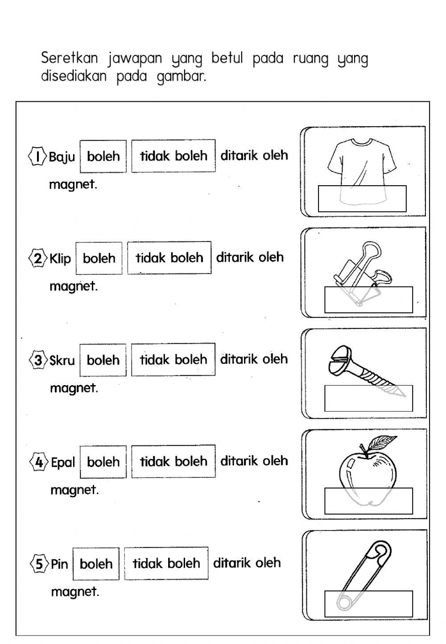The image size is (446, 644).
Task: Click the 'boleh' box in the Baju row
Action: pos(103,156)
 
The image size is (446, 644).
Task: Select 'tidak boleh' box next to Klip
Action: pos(169,258)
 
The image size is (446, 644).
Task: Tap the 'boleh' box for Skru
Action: pos(103,360)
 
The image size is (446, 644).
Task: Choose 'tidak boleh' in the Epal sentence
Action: pos(173,461)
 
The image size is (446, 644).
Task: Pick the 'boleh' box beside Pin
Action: pos(96,564)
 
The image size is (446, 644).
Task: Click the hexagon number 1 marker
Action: pos(37,156)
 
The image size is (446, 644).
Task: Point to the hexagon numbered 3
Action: pos(38,360)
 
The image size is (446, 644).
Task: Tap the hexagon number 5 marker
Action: pos(39,564)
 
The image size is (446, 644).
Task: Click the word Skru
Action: pos(62,361)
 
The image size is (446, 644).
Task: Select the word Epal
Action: pos(63,462)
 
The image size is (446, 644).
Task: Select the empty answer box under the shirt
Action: pos(362,199)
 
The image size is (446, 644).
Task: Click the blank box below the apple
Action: pos(368,501)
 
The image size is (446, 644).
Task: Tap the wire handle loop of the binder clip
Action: pos(364,252)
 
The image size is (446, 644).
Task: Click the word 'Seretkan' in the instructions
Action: pos(69,58)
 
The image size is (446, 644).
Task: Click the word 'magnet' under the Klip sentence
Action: pos(73,286)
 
